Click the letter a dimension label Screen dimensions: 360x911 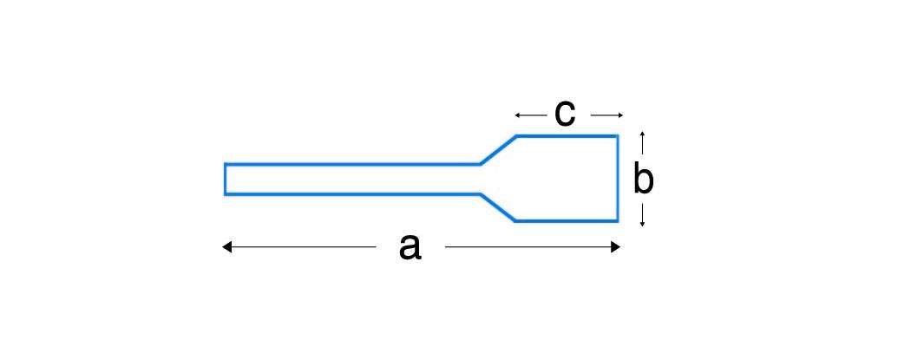(x=410, y=247)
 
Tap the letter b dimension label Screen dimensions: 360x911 (x=643, y=180)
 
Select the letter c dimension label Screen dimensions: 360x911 (x=565, y=114)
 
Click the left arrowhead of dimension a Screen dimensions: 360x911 (x=226, y=247)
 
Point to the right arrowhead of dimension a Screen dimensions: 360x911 (x=617, y=247)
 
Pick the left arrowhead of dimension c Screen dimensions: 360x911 (x=517, y=115)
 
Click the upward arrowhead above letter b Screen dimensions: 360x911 (x=642, y=134)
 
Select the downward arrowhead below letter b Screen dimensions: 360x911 (x=642, y=224)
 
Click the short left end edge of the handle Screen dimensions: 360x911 (x=226, y=179)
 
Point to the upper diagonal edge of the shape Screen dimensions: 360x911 (x=499, y=149)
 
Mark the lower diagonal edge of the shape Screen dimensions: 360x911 (x=498, y=207)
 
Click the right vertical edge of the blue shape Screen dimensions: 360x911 (x=618, y=179)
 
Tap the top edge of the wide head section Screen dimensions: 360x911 (x=567, y=135)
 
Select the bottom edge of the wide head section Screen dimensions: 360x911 (x=567, y=221)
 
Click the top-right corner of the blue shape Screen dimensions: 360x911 (x=618, y=135)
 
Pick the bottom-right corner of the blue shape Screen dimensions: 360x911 (x=618, y=221)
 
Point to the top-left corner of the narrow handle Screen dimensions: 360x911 (x=226, y=164)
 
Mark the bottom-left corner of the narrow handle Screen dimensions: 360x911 (x=226, y=193)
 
